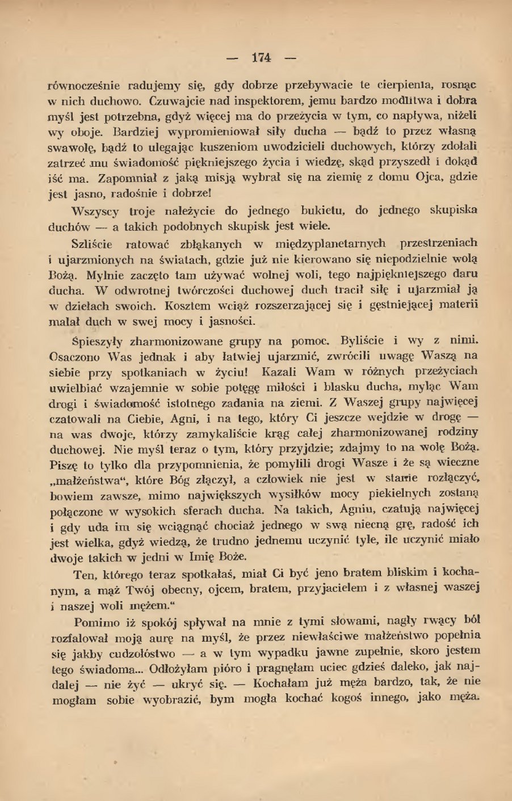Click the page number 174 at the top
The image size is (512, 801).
(x=262, y=57)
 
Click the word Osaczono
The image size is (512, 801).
(x=75, y=357)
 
